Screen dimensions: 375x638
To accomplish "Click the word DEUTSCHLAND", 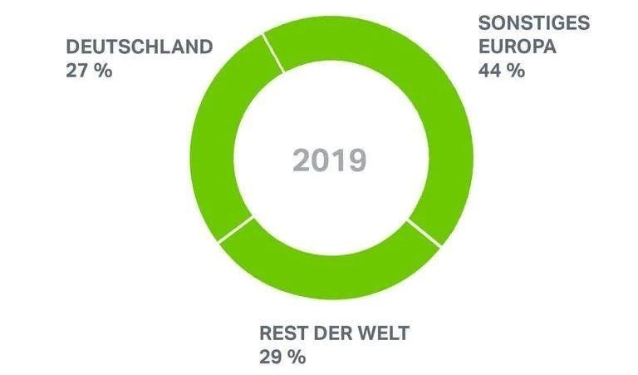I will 139,47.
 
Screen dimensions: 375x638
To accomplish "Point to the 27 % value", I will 88,71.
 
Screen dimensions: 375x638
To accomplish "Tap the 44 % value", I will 501,71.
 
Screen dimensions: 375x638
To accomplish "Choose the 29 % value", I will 282,358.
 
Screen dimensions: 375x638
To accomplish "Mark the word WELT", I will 385,335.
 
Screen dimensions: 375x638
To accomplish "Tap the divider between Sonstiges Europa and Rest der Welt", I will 423,234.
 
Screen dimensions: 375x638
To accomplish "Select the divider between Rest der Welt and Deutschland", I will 235,229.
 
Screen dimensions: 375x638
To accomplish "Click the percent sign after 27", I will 102,71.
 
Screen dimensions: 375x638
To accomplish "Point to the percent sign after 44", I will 516,71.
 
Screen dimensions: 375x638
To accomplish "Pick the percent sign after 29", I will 297,358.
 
